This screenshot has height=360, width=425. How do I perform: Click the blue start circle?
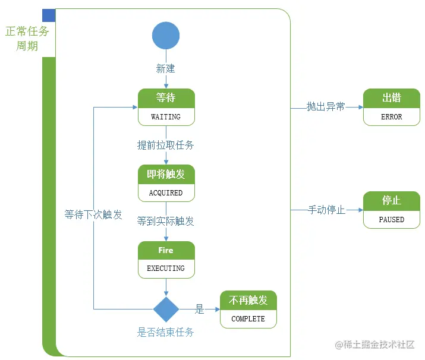pos(166,36)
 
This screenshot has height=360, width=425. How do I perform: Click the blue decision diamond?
pos(166,309)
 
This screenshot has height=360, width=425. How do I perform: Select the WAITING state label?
pos(166,117)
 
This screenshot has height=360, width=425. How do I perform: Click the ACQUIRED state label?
pos(166,193)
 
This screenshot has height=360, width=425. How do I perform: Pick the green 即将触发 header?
pos(166,174)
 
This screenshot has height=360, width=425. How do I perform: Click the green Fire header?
pos(166,250)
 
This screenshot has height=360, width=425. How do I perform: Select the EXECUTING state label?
pos(166,269)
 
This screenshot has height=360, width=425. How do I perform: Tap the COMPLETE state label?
pos(248,319)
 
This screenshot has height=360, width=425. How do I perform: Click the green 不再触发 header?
pos(248,300)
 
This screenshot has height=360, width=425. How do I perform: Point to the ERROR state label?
pos(391,117)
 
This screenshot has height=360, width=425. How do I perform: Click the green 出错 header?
pos(391,98)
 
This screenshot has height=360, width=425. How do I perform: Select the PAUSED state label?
pos(391,220)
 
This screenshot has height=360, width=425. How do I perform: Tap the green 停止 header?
pos(391,201)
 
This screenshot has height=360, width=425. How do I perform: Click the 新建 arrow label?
pos(166,69)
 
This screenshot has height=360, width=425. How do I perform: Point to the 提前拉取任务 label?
pos(166,145)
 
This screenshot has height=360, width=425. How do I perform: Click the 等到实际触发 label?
pos(166,221)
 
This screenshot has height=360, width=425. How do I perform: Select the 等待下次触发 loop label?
pos(93,214)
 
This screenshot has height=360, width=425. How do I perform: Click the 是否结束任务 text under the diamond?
pos(166,332)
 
